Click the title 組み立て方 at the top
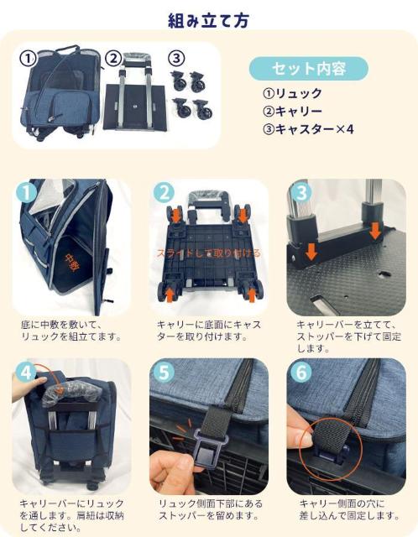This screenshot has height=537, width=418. tap(208, 20)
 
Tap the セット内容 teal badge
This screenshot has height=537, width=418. tap(308, 69)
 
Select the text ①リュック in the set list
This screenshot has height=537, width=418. tap(292, 93)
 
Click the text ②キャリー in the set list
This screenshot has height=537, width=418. tap(292, 112)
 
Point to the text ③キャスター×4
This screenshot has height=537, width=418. tap(308, 129)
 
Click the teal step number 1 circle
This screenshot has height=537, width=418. tap(27, 192)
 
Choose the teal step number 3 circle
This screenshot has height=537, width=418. tap(301, 192)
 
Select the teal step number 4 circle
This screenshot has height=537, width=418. tap(27, 372)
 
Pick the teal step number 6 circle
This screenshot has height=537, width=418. tap(301, 372)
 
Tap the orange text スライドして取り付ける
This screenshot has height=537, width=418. tap(209, 253)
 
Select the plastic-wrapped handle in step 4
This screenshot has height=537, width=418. tap(69, 394)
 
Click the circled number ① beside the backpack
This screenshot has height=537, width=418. tap(28, 59)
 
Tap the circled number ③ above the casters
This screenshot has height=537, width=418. tap(176, 58)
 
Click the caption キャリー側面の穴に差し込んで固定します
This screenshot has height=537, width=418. tap(349, 509)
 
